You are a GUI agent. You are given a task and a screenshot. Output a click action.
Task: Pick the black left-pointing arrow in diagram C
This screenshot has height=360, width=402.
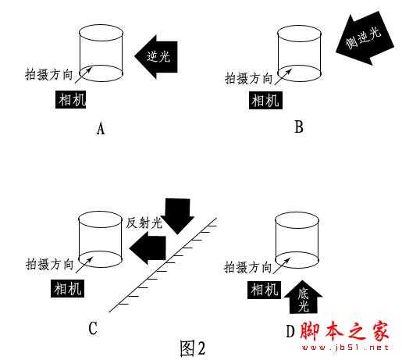tap(150, 248)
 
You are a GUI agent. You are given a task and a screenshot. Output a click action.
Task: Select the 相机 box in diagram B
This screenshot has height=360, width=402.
tap(265, 99)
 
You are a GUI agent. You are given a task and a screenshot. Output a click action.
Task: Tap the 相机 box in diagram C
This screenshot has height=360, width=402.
tap(67, 287)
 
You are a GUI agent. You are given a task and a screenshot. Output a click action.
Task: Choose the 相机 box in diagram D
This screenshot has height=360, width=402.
tap(263, 290)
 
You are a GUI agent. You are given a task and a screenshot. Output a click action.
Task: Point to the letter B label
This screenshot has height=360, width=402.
tap(299, 127)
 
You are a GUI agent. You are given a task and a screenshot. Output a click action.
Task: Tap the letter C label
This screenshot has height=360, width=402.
tap(92, 329)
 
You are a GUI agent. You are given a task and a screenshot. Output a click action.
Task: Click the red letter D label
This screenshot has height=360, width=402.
tap(290, 331)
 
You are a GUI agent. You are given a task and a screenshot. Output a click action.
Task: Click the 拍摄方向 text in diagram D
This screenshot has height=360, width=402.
tap(249, 266)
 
